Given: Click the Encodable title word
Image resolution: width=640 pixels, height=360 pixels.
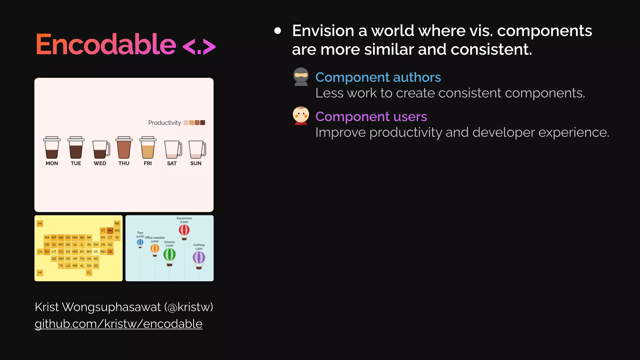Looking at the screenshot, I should pos(106,44).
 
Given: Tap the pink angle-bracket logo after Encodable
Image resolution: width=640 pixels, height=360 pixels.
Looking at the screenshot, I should pos(199,47).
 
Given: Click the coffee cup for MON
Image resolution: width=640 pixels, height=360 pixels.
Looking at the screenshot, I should pos(52,148).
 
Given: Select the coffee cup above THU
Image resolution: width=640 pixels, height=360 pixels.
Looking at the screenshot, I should pos(124,148).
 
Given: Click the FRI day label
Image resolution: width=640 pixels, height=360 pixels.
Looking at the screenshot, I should pos(148,163).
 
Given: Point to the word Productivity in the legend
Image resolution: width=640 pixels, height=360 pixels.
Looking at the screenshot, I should pos(164,123).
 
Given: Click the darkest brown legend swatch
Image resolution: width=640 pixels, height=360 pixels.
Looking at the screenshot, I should pos(202,122).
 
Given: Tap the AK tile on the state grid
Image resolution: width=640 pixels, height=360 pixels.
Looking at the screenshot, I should pos(40,223).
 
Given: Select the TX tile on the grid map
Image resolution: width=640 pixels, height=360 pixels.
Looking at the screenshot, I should pos(61,266).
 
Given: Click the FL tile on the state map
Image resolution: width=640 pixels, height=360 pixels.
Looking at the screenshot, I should pos(89,272).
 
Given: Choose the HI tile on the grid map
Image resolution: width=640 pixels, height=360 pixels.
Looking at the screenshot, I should pos(40,272).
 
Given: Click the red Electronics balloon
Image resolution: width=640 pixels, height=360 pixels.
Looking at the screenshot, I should pos(184,231).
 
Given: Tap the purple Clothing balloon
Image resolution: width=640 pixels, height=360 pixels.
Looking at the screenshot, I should pos(199,258).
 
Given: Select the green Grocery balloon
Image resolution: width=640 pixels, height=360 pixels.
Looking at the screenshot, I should pos(169,255).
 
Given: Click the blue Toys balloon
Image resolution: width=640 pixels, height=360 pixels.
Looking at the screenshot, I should pos(140,242).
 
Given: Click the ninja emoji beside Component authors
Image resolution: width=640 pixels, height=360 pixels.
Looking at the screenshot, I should pos(301,76).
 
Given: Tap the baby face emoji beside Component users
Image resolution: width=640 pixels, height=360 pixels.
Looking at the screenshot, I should pos(301,115).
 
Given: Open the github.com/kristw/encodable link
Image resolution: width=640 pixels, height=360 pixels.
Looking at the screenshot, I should pos(118,324).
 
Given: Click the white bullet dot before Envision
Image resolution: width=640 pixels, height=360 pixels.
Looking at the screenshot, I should pos(277,31).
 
